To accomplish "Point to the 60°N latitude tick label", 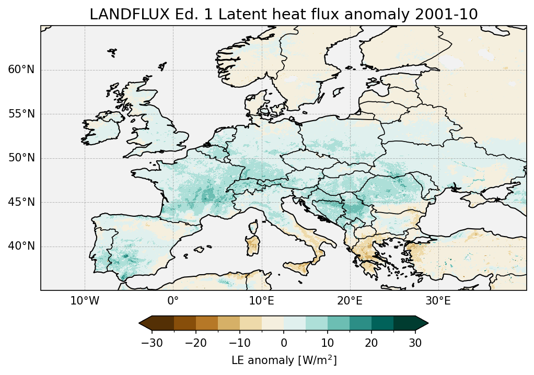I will pyautogui.click(x=21, y=70).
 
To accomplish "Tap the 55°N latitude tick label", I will pyautogui.click(x=21, y=114).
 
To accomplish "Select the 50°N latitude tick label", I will pyautogui.click(x=21, y=158).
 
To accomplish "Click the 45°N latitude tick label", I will pyautogui.click(x=21, y=202).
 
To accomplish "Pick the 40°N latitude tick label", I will pyautogui.click(x=21, y=246).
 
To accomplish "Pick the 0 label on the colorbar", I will pyautogui.click(x=284, y=343).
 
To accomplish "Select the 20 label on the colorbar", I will pyautogui.click(x=372, y=343).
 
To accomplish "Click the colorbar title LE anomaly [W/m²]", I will pyautogui.click(x=284, y=360).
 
